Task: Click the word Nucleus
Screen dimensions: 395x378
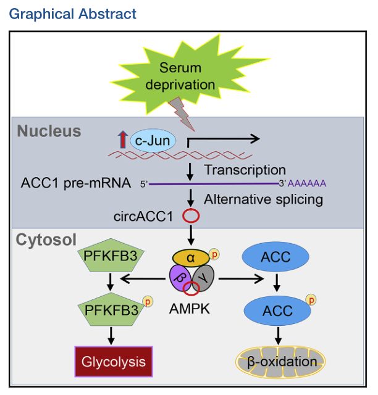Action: [x=49, y=131]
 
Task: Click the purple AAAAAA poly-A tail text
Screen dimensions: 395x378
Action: [x=307, y=183]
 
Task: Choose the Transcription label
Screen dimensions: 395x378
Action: [x=245, y=170]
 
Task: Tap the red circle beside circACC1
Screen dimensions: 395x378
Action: [x=190, y=217]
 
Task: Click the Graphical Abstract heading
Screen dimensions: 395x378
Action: [x=73, y=13]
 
